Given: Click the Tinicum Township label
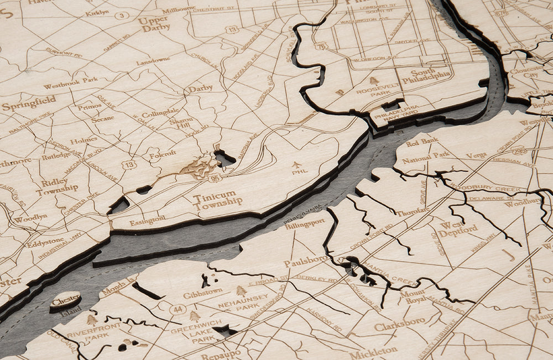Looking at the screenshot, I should [x=217, y=200].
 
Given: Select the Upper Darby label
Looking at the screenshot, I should [x=154, y=24].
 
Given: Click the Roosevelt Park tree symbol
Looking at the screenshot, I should [x=374, y=81].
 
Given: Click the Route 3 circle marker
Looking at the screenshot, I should [x=122, y=15].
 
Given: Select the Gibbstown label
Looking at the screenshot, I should [x=202, y=294].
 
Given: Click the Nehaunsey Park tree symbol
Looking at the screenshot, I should [x=241, y=291].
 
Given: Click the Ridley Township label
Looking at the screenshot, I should [x=57, y=185].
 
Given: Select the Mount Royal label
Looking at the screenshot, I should [x=414, y=296].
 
